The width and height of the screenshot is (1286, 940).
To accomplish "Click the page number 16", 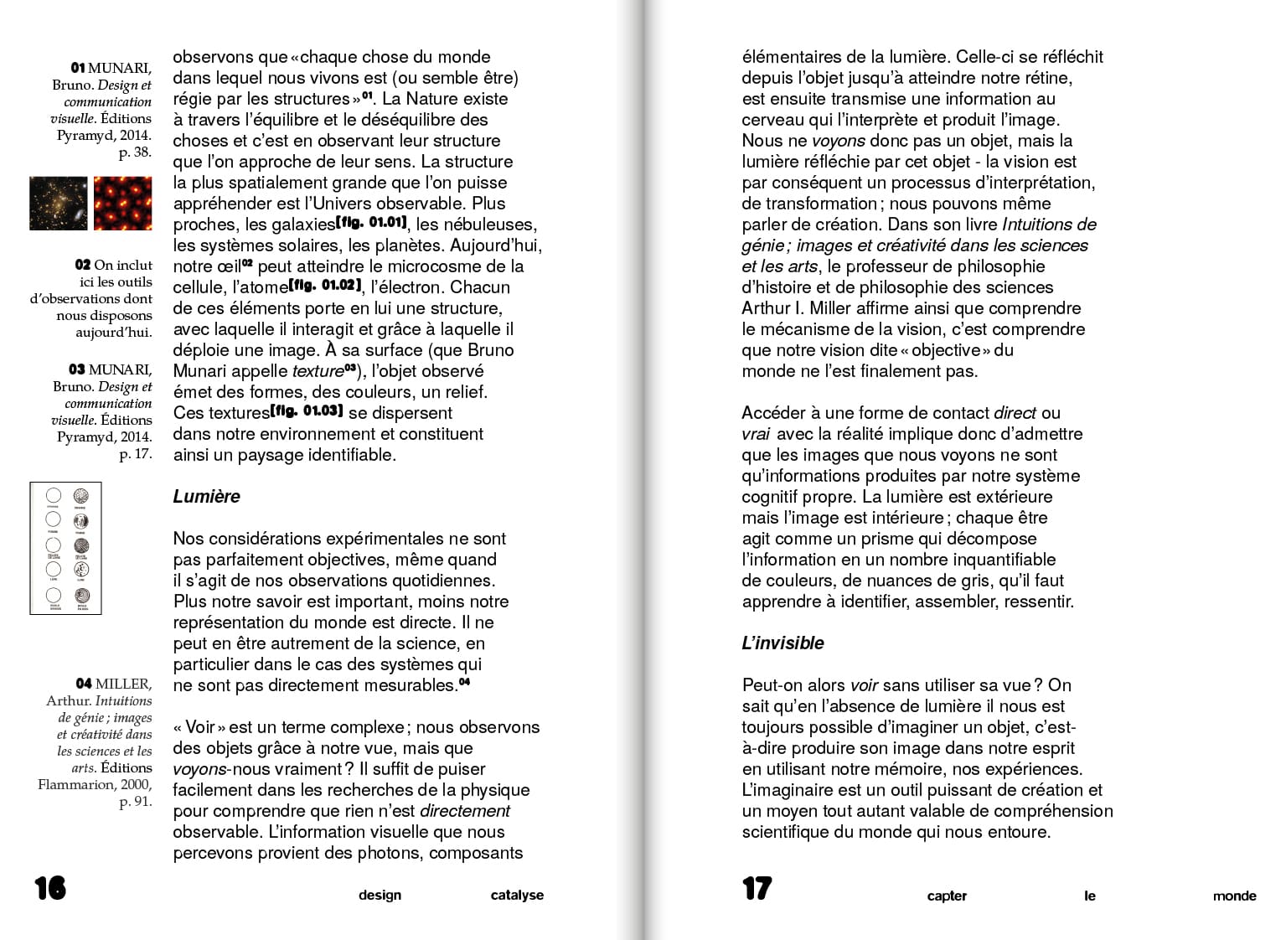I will pos(50,888).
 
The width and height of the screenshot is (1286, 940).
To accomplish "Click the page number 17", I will pos(757,888).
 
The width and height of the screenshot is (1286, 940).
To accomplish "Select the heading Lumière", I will pos(206,497).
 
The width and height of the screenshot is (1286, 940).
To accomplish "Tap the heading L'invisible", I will pos(782,643).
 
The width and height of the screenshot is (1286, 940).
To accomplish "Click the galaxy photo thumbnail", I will pos(59,203).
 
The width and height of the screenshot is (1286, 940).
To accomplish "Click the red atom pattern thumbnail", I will pos(122,203).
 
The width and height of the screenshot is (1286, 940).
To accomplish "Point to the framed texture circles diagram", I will pos(66,548).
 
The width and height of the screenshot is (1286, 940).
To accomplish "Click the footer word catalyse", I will pos(517,896).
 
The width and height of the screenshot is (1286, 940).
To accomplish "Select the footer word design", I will pos(380,896).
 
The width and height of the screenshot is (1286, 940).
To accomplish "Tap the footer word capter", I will pos(947,896).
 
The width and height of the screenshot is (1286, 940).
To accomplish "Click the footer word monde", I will pos(1234,896).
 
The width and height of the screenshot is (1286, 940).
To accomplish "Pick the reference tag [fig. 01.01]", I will pos(371,223).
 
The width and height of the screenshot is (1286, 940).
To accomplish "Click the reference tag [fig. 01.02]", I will pos(326,286).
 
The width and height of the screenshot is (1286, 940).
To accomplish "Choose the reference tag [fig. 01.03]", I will pos(307,411).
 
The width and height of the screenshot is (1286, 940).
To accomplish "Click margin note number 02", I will pos(82,265).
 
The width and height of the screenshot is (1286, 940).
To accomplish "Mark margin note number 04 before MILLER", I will pos(83,684).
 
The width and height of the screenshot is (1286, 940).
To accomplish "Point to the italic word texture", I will pos(318,371).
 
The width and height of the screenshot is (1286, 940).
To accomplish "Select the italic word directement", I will pos(464,811).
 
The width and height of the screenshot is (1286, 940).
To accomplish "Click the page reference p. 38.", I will pos(135,152).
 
